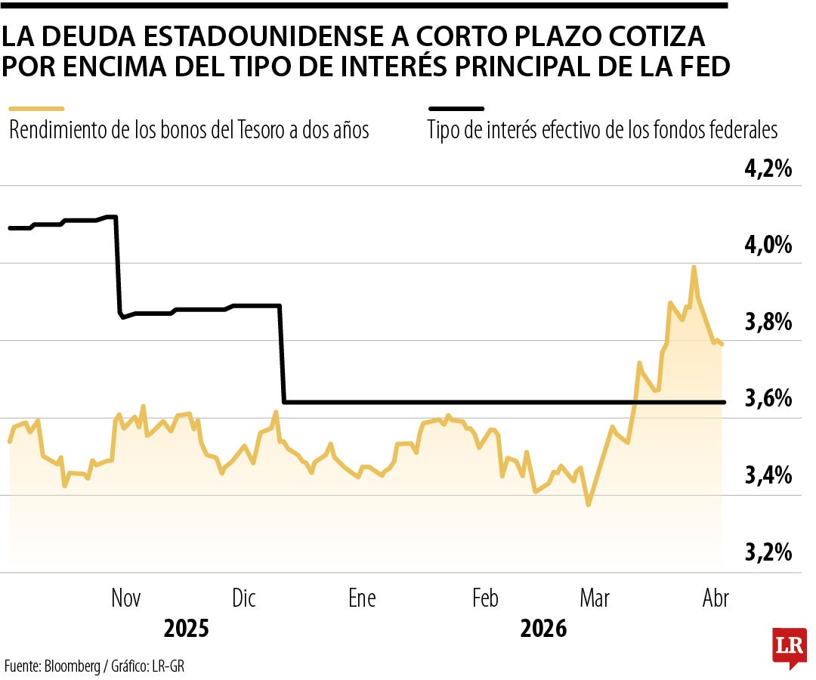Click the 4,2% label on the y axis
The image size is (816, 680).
(x=768, y=168)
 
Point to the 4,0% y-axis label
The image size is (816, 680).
(x=768, y=246)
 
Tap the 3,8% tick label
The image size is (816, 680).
(x=768, y=323)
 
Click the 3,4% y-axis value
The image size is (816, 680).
(x=768, y=476)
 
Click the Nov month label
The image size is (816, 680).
(x=126, y=598)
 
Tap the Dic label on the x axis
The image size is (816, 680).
(x=244, y=598)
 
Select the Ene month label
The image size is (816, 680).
(x=362, y=598)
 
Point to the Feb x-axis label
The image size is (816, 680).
(x=485, y=598)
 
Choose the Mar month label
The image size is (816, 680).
(x=595, y=598)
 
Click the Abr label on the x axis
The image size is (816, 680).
(x=716, y=598)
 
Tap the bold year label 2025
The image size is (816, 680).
(x=186, y=629)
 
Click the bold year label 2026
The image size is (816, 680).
(x=543, y=629)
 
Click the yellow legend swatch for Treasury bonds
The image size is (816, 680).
(x=36, y=109)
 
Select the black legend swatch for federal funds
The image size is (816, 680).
(x=455, y=109)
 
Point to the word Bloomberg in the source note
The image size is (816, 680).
(x=72, y=666)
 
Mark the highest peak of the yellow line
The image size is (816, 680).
(x=694, y=267)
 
